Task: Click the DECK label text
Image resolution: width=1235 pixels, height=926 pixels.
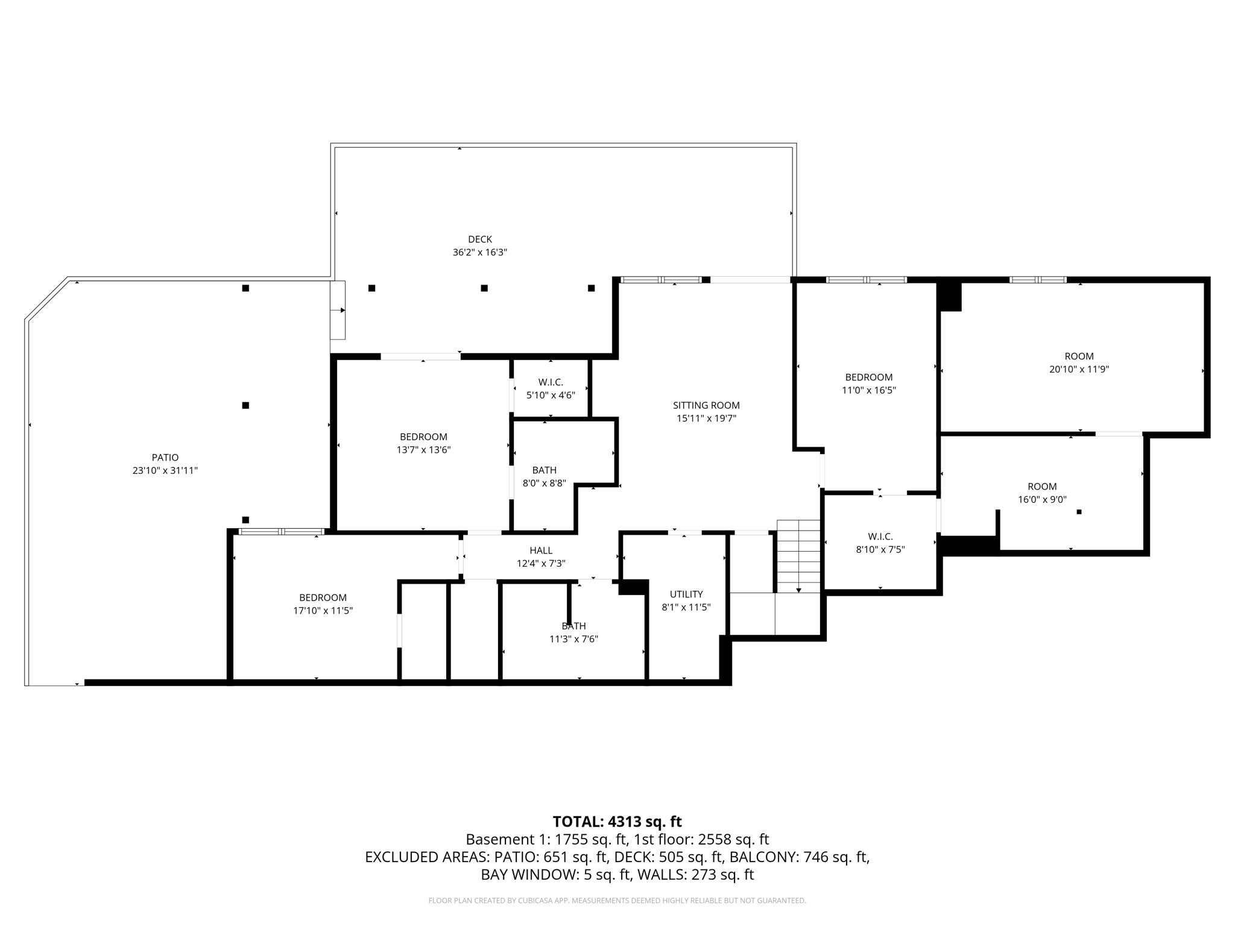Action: [x=479, y=239]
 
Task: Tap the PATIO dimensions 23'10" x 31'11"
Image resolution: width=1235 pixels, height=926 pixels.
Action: [x=165, y=471]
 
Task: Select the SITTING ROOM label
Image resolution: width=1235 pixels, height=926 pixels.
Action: [x=706, y=405]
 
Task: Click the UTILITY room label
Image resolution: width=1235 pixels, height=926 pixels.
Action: [x=686, y=594]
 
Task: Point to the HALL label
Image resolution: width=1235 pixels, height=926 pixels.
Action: [x=541, y=550]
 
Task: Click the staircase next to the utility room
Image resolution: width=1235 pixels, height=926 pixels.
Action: [x=798, y=556]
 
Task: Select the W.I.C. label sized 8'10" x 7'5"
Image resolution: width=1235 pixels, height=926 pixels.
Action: [x=880, y=536]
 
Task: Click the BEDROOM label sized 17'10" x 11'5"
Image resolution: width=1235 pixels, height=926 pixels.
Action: [x=323, y=597]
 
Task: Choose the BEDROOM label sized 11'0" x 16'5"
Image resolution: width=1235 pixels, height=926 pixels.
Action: [x=868, y=377]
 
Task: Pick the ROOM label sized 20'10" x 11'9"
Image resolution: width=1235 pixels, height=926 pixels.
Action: [x=1079, y=356]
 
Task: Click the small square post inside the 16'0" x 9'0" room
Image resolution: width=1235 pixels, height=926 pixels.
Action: [x=1079, y=512]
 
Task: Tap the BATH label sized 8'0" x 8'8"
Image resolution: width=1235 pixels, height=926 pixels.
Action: [x=544, y=470]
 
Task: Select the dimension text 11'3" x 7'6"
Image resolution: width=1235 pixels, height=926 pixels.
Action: [x=573, y=639]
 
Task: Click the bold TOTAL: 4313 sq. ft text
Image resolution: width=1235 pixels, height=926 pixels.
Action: [x=617, y=822]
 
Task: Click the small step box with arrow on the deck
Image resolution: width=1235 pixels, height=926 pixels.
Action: [x=338, y=310]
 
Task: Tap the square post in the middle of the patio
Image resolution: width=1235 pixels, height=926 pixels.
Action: [x=245, y=405]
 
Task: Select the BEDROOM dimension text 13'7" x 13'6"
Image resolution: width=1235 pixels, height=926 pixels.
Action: [x=423, y=450]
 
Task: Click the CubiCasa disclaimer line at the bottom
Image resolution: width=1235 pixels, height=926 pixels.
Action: [x=617, y=901]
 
